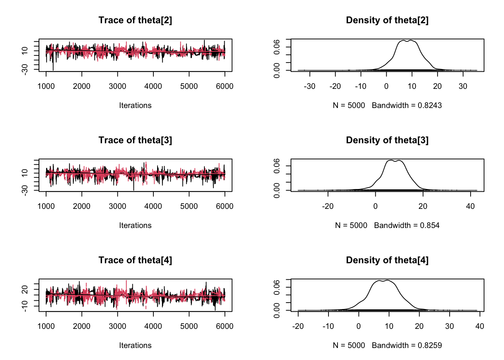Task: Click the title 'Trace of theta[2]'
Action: click(x=135, y=20)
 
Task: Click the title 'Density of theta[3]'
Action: click(x=387, y=140)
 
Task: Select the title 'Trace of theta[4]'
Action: click(x=135, y=260)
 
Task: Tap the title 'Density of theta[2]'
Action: click(x=387, y=20)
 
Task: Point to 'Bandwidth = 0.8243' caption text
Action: click(x=406, y=105)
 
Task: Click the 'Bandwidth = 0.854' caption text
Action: click(x=406, y=225)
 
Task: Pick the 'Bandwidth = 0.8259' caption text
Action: click(x=406, y=345)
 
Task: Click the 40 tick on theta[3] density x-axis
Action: click(x=470, y=206)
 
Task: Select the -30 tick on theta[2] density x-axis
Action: click(x=309, y=86)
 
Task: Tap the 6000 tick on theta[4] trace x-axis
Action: click(x=225, y=326)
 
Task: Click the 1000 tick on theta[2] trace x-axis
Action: click(x=46, y=86)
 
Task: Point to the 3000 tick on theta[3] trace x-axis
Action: click(x=117, y=206)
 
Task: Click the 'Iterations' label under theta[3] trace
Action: click(x=135, y=225)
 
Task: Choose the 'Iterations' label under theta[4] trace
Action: click(x=135, y=345)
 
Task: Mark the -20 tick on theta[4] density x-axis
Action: click(x=298, y=326)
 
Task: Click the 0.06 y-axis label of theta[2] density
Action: click(x=277, y=47)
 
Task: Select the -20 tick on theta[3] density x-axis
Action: click(x=328, y=206)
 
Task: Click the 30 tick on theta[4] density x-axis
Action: click(x=449, y=326)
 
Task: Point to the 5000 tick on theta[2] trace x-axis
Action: click(x=189, y=86)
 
